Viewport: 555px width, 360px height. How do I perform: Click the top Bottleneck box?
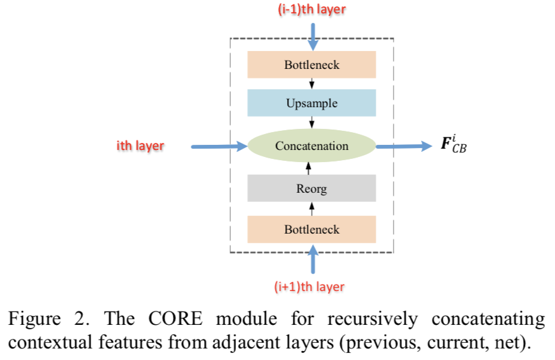pos(311,64)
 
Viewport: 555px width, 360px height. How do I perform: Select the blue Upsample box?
pos(311,103)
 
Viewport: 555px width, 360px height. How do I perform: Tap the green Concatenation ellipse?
pos(311,146)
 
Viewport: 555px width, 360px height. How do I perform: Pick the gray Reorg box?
pos(311,188)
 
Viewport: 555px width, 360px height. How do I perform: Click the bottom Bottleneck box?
pos(311,229)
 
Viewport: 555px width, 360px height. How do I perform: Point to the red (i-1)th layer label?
pos(312,10)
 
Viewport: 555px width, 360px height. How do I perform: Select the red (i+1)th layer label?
pos(312,287)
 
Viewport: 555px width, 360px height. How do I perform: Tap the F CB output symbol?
pos(454,145)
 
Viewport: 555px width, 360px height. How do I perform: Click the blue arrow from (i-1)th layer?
pos(312,35)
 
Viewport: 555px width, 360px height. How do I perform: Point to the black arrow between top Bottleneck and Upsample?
pos(311,84)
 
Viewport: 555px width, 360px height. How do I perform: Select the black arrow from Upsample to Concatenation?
pos(311,123)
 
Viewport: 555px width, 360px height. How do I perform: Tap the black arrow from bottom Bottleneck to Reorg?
pos(311,208)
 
